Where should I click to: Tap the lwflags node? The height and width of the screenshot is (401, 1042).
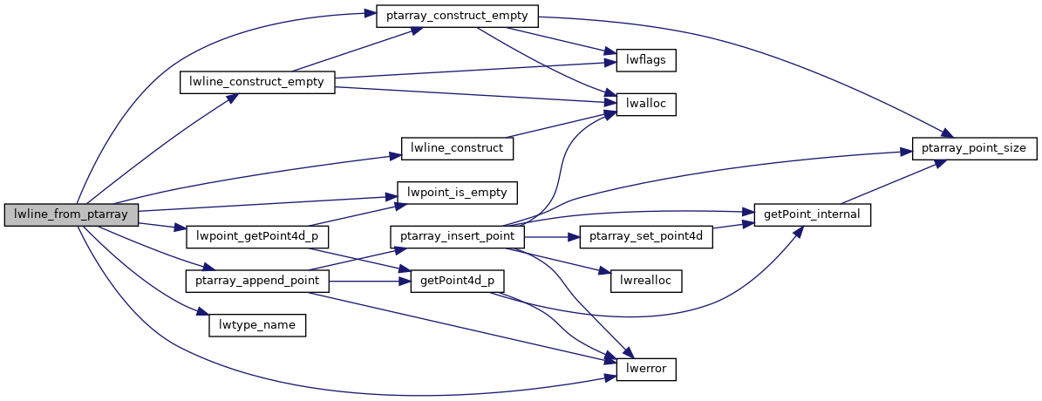tap(646, 60)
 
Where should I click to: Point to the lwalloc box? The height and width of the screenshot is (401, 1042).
tap(646, 104)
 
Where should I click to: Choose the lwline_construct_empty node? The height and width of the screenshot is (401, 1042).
tap(257, 82)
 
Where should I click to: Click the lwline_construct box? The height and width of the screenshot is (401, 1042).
tap(456, 147)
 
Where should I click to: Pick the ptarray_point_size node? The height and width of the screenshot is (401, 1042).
tap(974, 147)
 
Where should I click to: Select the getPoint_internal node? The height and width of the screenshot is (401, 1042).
tap(813, 214)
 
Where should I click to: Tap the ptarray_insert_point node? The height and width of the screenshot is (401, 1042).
tap(458, 236)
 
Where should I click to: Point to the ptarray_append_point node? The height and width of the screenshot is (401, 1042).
tap(257, 281)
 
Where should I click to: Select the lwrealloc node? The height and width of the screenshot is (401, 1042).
tap(646, 281)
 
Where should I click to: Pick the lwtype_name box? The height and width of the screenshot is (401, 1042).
tap(257, 325)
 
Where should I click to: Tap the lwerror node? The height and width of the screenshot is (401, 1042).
tap(646, 369)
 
